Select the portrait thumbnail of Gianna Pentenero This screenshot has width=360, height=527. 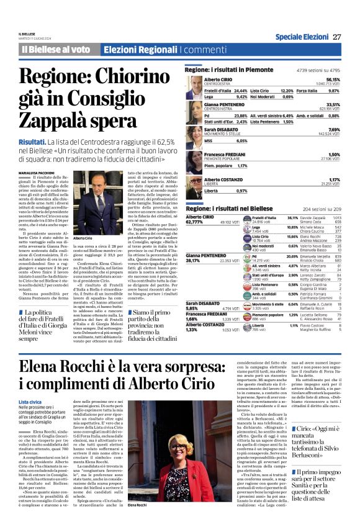click(194, 110)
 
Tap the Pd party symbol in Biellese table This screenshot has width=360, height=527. click(248, 257)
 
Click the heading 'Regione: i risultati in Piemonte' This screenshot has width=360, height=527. click(229, 70)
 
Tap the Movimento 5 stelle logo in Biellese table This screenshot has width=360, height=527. click(248, 305)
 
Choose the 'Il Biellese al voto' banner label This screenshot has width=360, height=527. click(56, 49)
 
